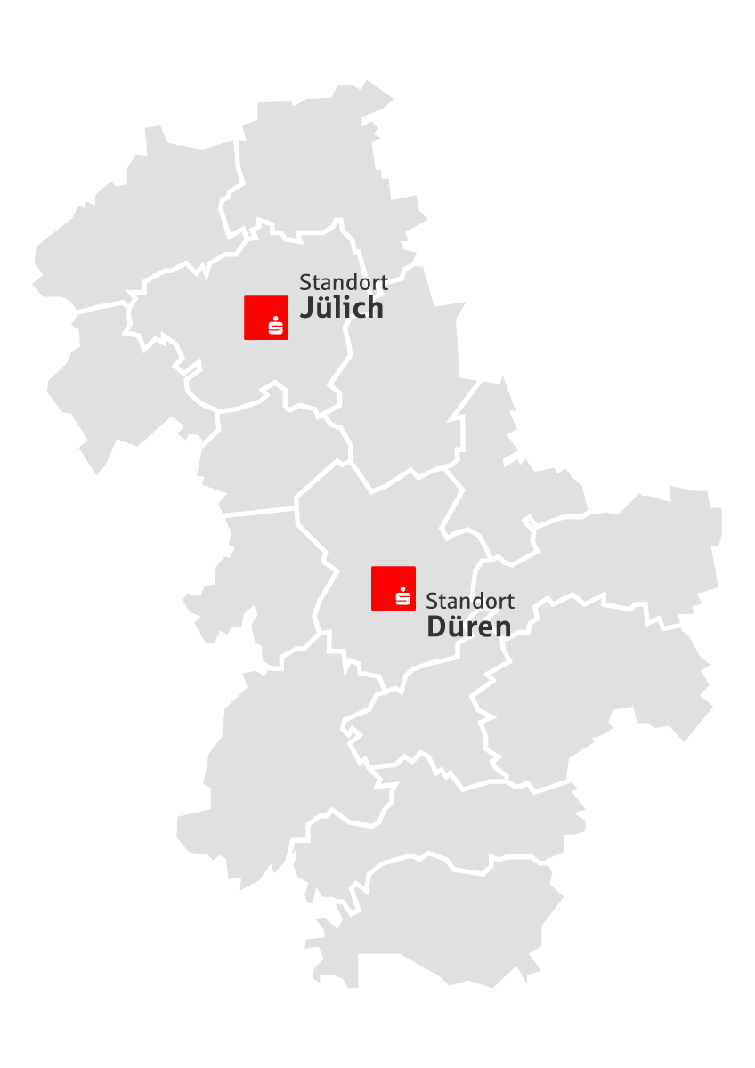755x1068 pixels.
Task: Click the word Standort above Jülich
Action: click(x=344, y=283)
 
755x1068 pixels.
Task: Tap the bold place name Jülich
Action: click(x=341, y=309)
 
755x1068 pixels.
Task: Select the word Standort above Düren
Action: click(x=470, y=601)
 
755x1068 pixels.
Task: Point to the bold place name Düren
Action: click(x=469, y=627)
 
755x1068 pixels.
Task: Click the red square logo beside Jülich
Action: click(x=266, y=318)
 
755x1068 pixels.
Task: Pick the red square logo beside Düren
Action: click(x=394, y=588)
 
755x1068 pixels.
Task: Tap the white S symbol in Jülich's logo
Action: click(x=276, y=327)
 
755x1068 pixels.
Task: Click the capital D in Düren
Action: click(x=435, y=627)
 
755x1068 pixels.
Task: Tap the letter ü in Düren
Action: click(x=456, y=627)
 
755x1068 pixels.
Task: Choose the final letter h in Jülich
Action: click(x=376, y=309)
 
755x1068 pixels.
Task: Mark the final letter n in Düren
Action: click(x=503, y=628)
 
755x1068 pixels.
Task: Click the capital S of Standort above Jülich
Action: click(x=304, y=283)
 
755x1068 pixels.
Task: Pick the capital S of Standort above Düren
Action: click(x=432, y=601)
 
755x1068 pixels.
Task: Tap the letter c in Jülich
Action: click(x=360, y=311)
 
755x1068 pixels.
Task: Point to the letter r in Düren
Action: click(x=470, y=628)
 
